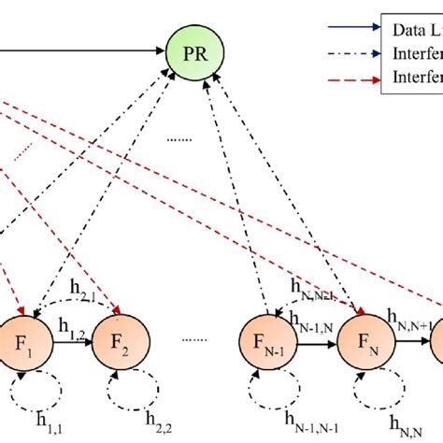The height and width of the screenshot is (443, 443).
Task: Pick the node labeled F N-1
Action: point(267,334)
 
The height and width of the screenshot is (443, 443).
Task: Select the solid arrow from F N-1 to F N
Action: point(315,336)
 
